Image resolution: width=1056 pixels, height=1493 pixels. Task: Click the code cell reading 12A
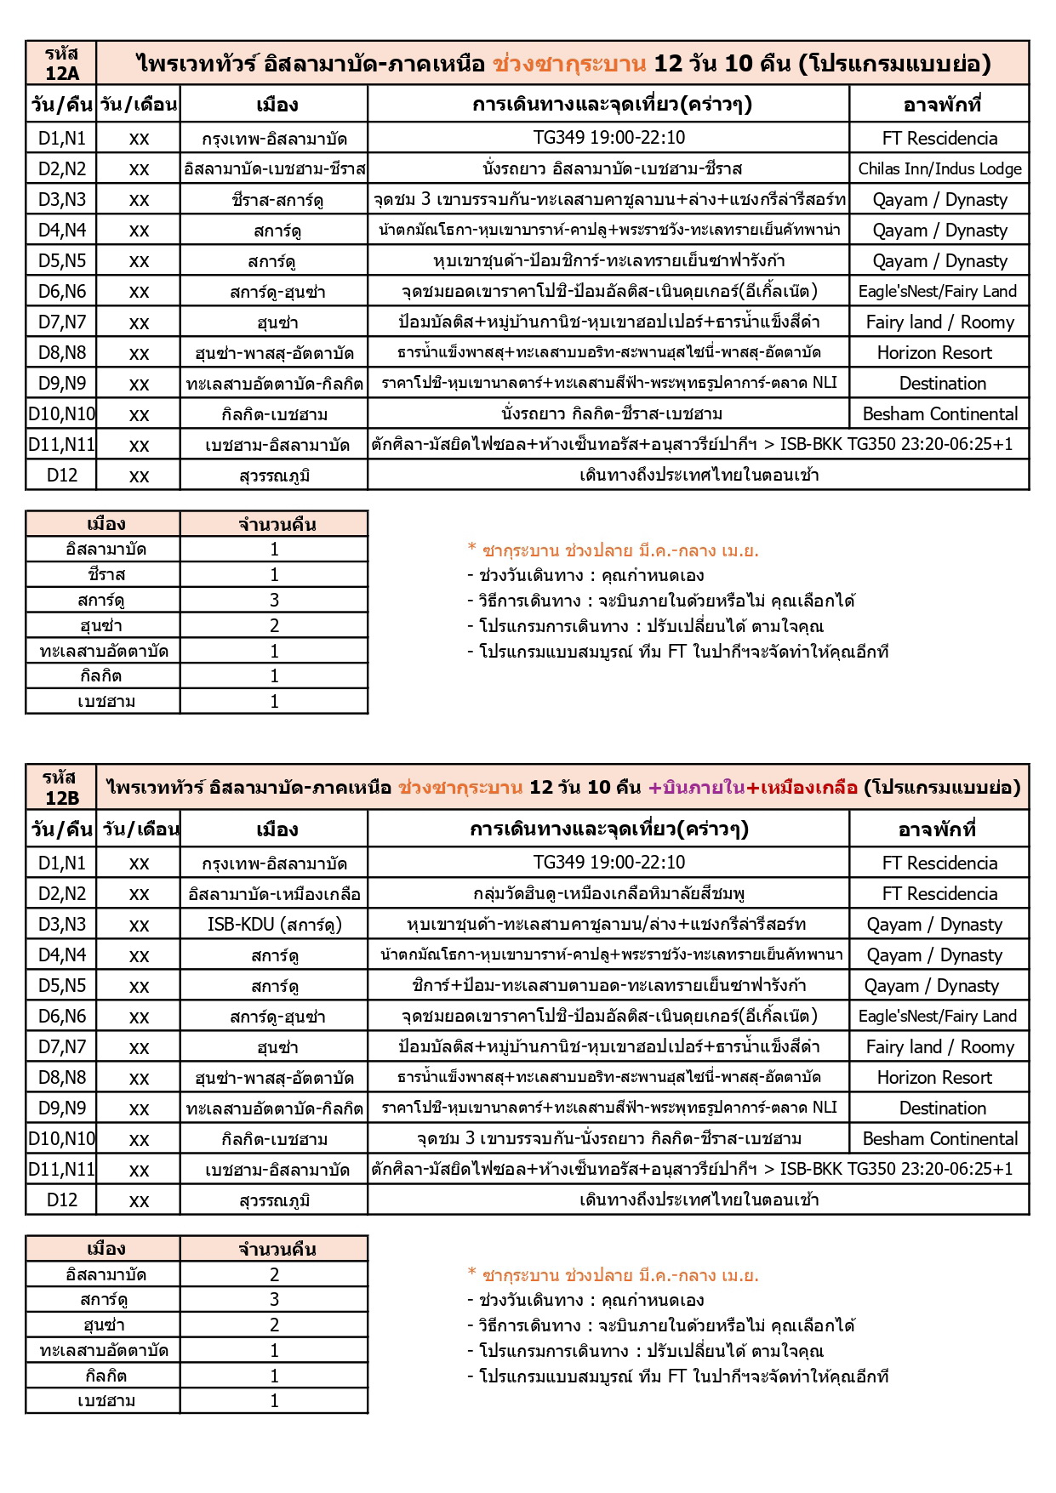[61, 63]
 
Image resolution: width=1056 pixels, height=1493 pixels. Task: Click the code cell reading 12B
[61, 787]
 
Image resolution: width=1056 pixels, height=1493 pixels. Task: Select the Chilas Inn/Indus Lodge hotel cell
[939, 168]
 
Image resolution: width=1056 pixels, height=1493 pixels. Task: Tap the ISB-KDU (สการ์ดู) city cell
[274, 924]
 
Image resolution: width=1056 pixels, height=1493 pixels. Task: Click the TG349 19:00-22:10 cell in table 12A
[608, 138]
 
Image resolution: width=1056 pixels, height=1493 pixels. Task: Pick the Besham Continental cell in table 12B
[939, 1138]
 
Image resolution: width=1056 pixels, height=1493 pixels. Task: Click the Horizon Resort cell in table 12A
[934, 352]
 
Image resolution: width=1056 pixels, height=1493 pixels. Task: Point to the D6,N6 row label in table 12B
[61, 1016]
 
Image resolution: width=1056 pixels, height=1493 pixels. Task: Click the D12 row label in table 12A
[61, 475]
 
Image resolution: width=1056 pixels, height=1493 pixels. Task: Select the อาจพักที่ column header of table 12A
[939, 105]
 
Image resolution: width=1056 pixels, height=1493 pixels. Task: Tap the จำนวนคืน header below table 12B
[274, 1248]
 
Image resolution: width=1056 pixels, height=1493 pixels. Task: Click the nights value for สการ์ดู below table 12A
[274, 600]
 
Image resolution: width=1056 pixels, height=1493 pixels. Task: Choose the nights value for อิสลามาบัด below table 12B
[274, 1274]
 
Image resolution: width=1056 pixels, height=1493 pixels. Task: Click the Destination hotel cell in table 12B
[942, 1108]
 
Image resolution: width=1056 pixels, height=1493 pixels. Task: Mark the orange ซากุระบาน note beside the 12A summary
[614, 550]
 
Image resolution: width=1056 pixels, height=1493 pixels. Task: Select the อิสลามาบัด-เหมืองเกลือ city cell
[274, 893]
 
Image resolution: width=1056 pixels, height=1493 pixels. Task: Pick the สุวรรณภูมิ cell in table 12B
[274, 1200]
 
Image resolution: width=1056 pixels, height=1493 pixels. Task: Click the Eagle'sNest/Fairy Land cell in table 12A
[938, 291]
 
